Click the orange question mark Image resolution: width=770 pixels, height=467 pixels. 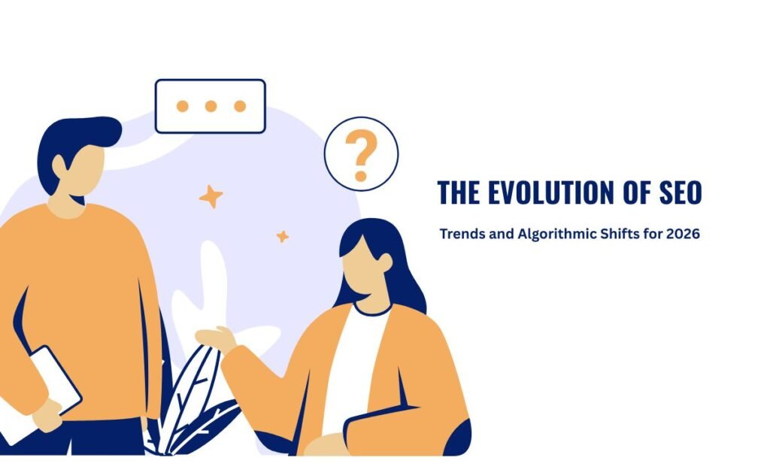pyautogui.click(x=362, y=154)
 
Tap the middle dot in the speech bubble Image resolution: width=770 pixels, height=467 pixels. pyautogui.click(x=211, y=106)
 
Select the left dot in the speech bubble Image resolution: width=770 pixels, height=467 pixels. pyautogui.click(x=182, y=106)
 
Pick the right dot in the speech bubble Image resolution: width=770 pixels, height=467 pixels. pyautogui.click(x=239, y=106)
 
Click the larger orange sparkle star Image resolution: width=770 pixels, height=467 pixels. pyautogui.click(x=211, y=196)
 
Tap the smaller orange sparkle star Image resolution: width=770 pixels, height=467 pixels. pyautogui.click(x=282, y=236)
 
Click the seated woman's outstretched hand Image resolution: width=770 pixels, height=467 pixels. pyautogui.click(x=214, y=336)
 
